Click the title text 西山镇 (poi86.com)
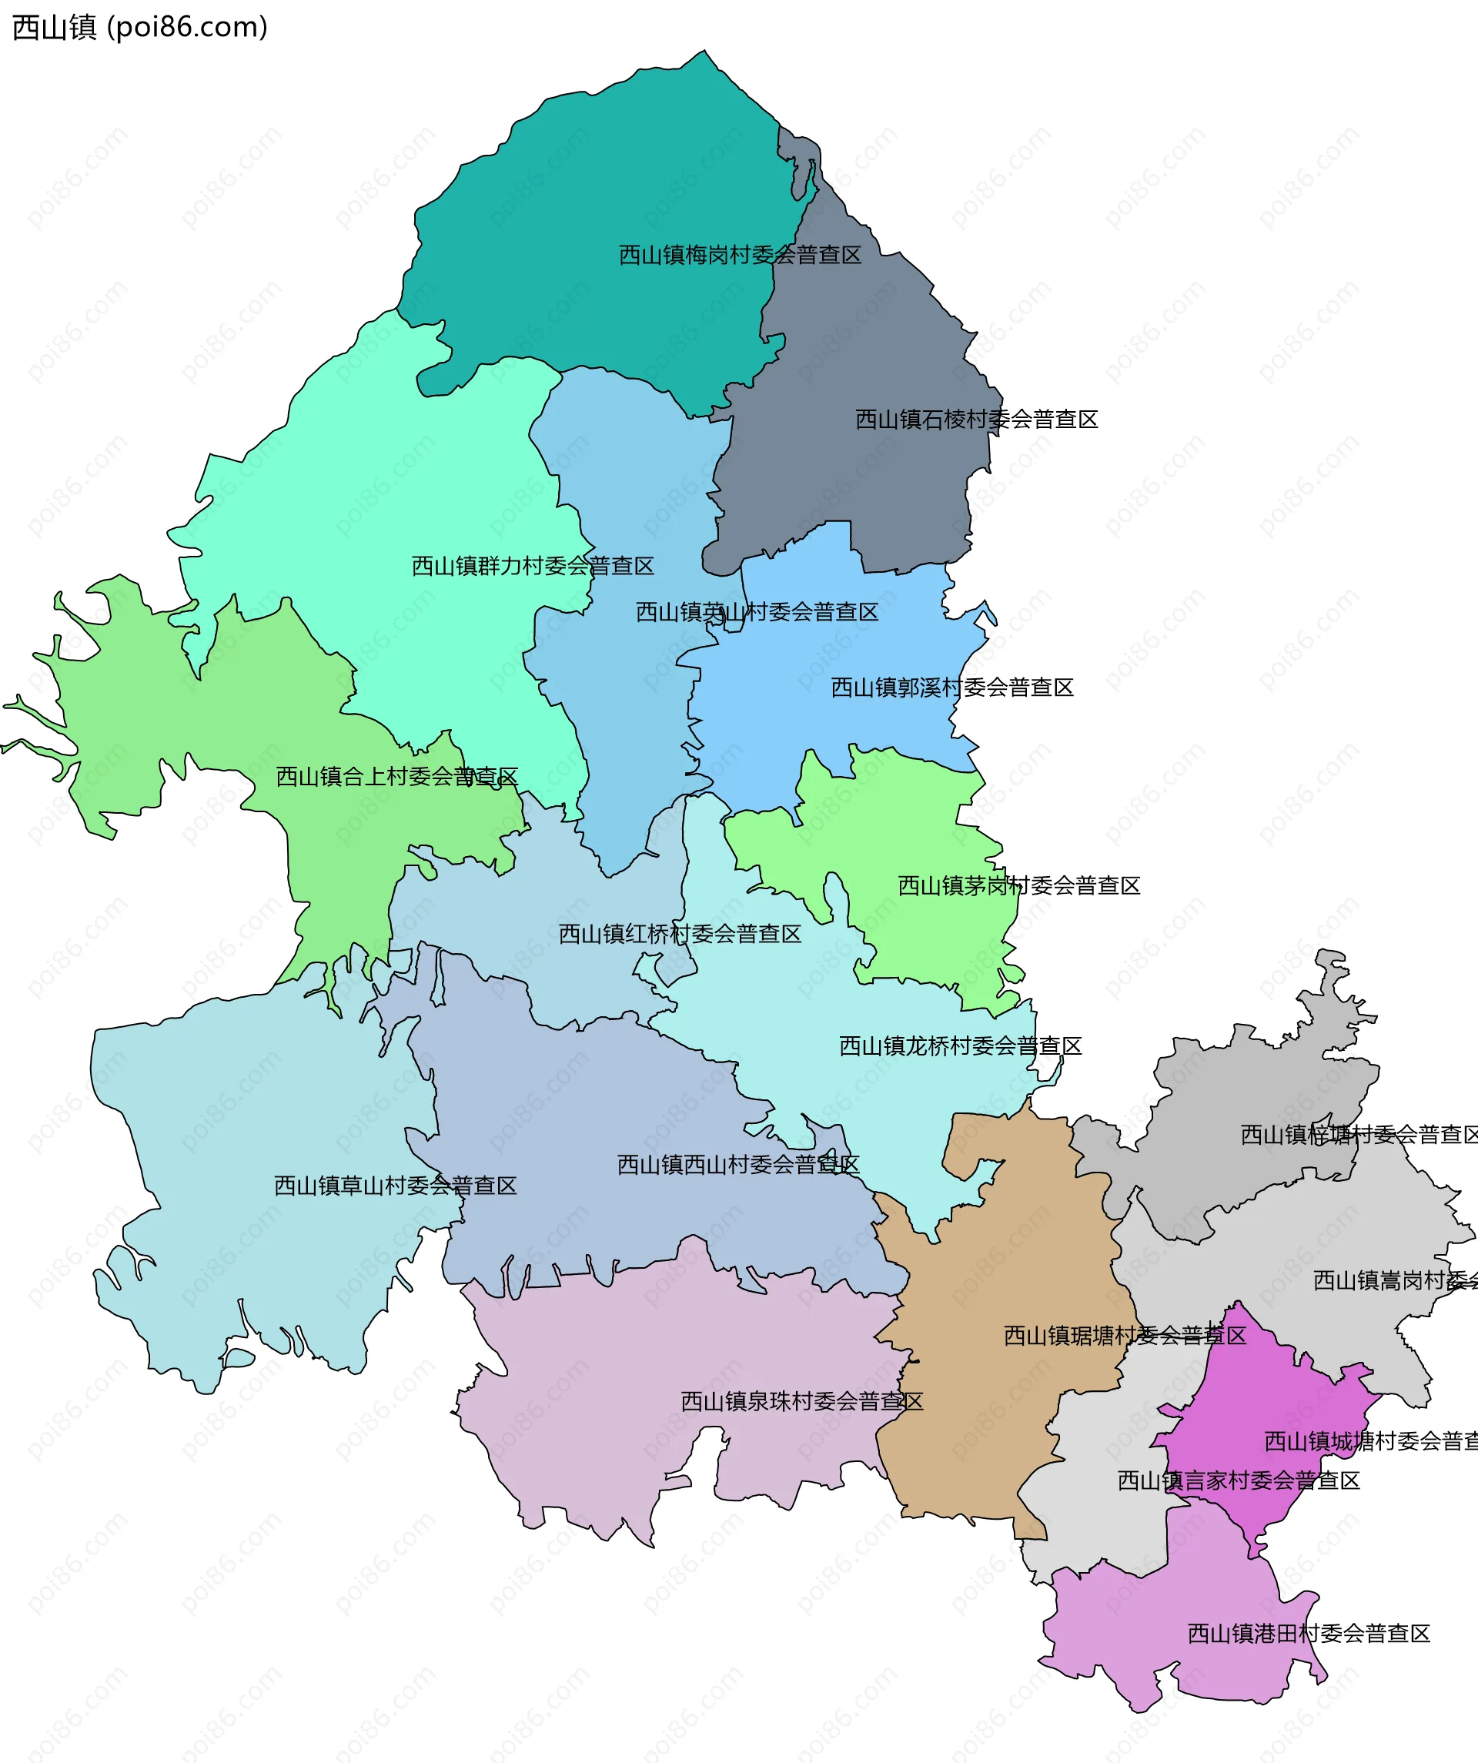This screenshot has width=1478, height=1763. point(139,28)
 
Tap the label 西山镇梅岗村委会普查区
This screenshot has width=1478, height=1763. point(740,256)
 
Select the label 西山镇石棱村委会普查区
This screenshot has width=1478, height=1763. point(976,420)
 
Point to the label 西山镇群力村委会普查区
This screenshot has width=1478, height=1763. point(532,567)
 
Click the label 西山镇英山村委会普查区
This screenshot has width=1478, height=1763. point(756,613)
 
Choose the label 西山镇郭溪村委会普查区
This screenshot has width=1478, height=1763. point(951,688)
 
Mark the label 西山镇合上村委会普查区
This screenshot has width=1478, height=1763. point(396,778)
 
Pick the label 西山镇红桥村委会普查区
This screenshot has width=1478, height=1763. point(680,935)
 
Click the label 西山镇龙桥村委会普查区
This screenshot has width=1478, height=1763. point(960,1047)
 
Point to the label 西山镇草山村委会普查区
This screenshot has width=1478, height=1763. point(396,1186)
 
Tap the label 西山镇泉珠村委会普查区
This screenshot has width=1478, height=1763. point(801,1402)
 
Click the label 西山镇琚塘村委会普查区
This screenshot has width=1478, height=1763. point(1125,1336)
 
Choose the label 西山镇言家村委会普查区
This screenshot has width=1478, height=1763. point(1238,1481)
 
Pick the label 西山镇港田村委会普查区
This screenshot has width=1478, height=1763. point(1309,1634)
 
